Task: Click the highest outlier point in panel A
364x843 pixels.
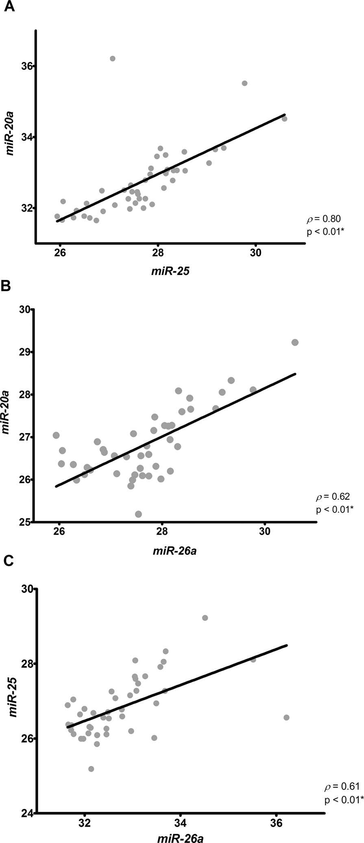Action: point(113,59)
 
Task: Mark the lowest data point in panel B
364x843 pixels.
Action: point(138,514)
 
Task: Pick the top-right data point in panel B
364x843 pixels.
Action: point(295,342)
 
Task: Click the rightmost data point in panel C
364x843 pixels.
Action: point(286,706)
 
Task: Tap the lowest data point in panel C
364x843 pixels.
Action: point(91,757)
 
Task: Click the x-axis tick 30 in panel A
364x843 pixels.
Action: point(256,253)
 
